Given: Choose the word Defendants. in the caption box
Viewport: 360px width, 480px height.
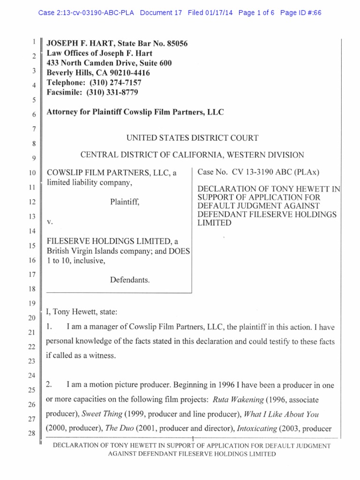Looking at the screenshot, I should [130, 280].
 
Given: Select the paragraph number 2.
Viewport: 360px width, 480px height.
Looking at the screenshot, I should [49, 385].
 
